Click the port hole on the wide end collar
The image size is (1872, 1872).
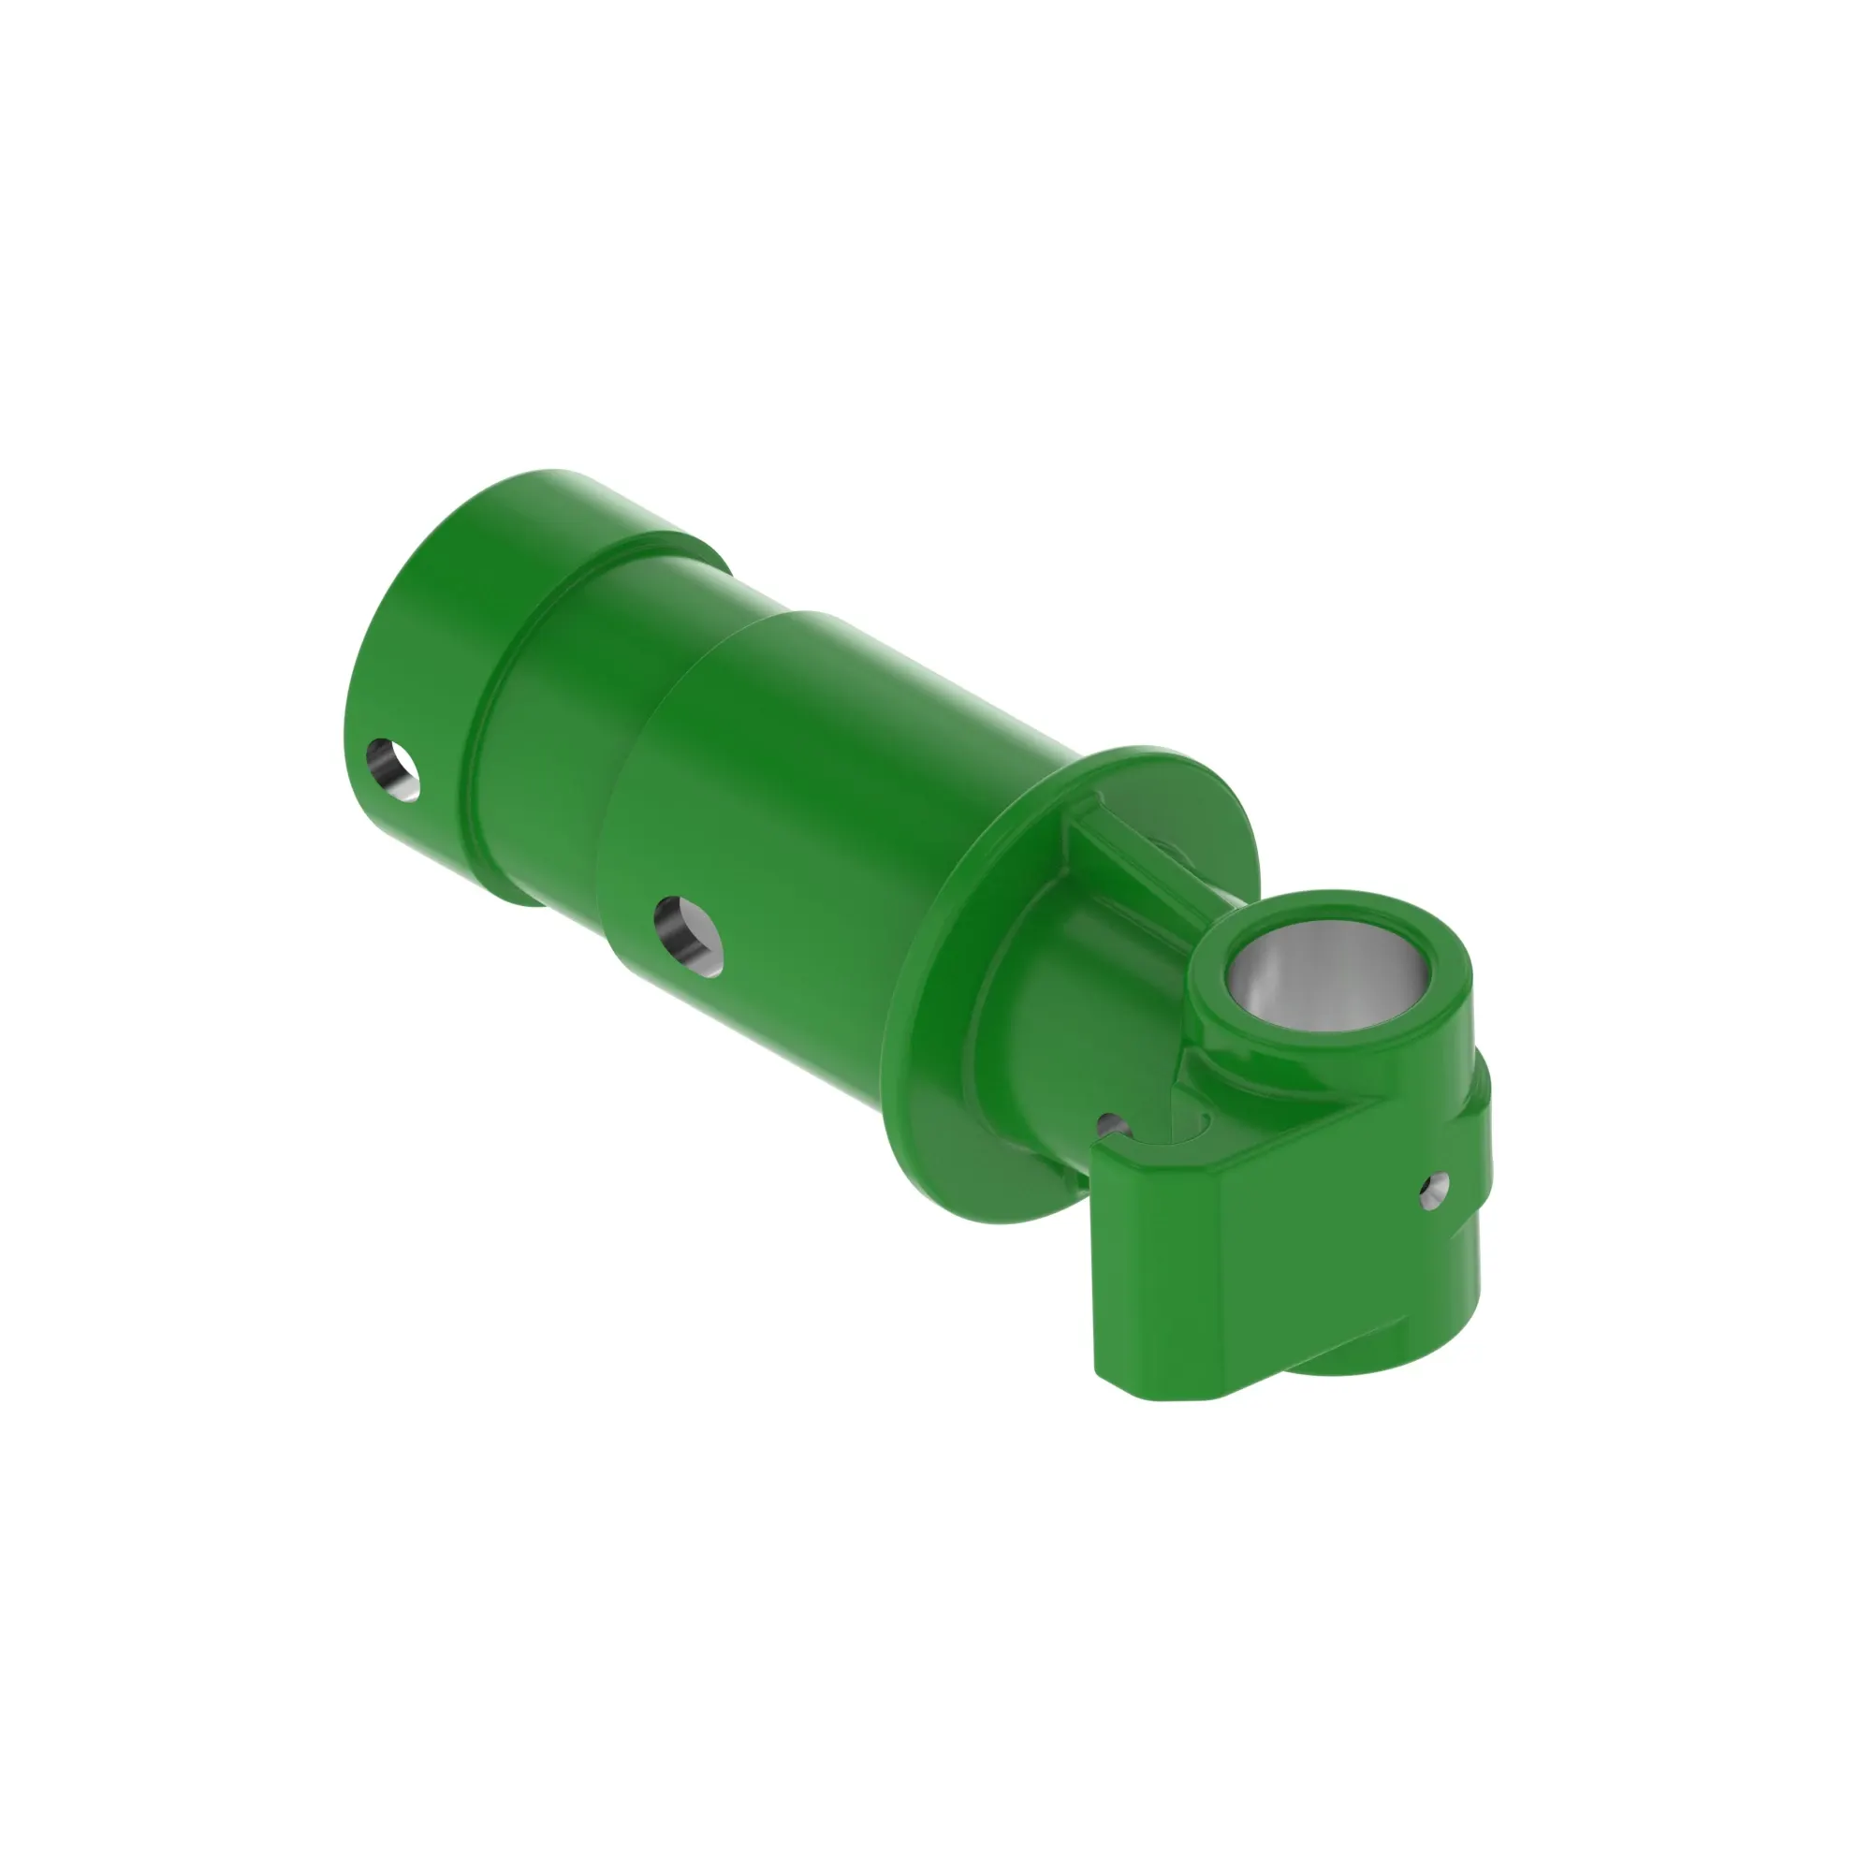(x=393, y=769)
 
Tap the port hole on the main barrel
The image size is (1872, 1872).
(x=689, y=936)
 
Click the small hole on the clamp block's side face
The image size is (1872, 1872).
(x=1435, y=1189)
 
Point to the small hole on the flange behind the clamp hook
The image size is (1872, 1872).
(x=1113, y=1126)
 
